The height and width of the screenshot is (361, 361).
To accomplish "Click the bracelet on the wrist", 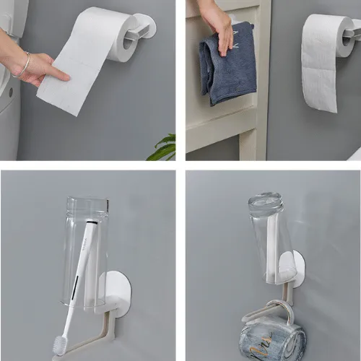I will coord(23,66).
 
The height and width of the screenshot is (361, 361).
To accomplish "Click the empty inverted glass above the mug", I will coord(271,235).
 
